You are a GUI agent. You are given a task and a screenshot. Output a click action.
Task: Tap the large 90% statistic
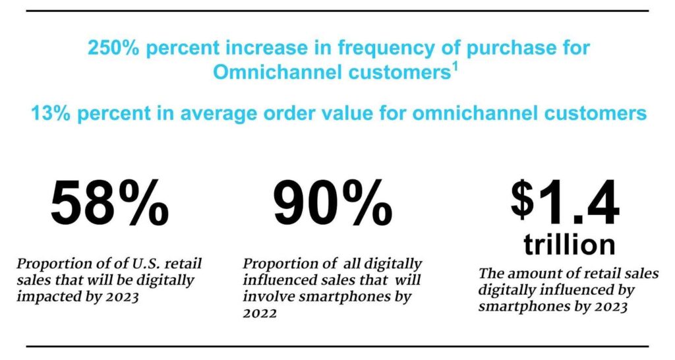coord(334,204)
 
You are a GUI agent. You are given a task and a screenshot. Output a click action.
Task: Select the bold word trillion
coord(570,245)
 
